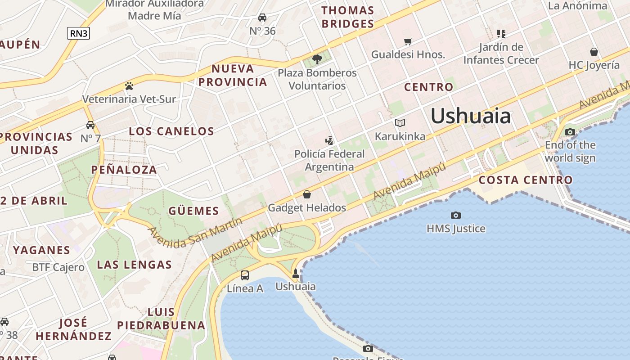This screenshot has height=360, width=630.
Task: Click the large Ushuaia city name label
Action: pos(471,116)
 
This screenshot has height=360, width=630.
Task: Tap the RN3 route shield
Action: pos(78,33)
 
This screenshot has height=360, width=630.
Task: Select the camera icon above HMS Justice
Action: pos(456,216)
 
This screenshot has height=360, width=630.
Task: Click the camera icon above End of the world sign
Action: pos(570,132)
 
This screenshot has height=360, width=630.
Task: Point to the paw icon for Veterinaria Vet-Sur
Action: pos(129,85)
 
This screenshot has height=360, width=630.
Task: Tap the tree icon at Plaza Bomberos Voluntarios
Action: pos(317,59)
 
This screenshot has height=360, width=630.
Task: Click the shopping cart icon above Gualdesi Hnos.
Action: pos(408,42)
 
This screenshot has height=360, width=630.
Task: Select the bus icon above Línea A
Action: pos(245,275)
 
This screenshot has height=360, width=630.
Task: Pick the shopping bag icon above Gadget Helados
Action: pos(307,194)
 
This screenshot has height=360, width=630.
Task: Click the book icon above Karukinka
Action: pos(400,123)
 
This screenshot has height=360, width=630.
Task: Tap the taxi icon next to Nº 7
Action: pos(90,125)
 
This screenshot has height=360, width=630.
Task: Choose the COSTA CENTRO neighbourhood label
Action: pos(525,180)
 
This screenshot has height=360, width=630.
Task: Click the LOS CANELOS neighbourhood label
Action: pos(171,131)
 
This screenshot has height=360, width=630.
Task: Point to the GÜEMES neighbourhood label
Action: pos(193,211)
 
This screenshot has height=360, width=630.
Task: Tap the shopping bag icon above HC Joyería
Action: pos(594,52)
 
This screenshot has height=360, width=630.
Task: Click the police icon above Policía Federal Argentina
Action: pos(330,140)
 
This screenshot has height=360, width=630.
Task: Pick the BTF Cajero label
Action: pos(58,267)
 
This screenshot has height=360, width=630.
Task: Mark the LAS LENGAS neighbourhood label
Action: pos(135,265)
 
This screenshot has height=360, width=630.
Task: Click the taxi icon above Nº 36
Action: pos(262,18)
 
